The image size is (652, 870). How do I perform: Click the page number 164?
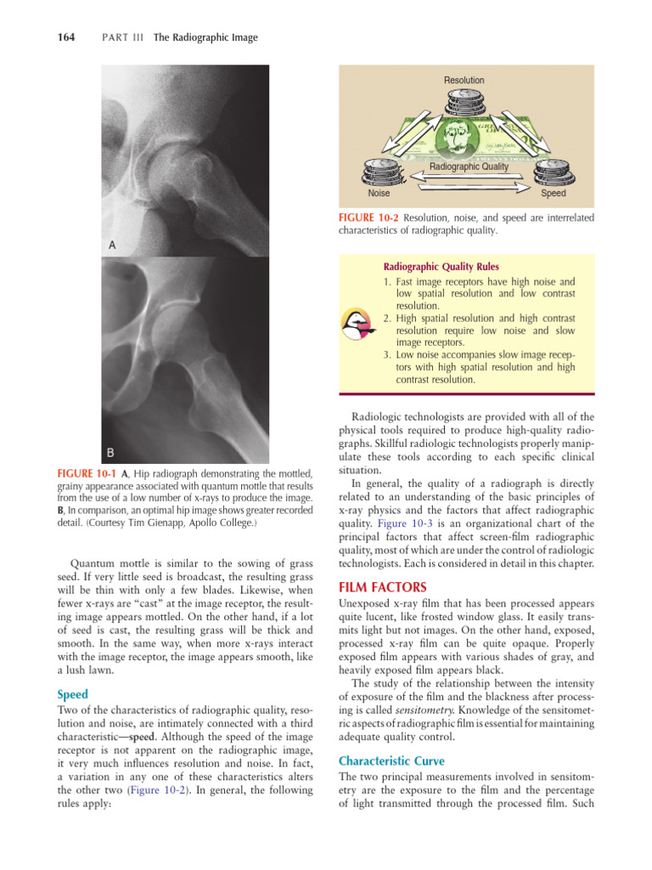65,37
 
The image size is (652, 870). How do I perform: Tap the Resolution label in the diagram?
464,81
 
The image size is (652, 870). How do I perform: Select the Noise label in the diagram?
378,194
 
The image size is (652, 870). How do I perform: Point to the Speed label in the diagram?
553,194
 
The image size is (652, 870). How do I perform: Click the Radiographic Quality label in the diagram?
469,167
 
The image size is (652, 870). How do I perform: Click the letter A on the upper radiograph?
111,245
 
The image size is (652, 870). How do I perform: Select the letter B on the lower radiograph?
111,452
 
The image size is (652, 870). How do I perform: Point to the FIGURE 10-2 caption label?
369,218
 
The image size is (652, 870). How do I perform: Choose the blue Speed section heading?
72,695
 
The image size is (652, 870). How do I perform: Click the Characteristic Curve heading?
391,760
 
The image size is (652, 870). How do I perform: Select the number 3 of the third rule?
387,355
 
